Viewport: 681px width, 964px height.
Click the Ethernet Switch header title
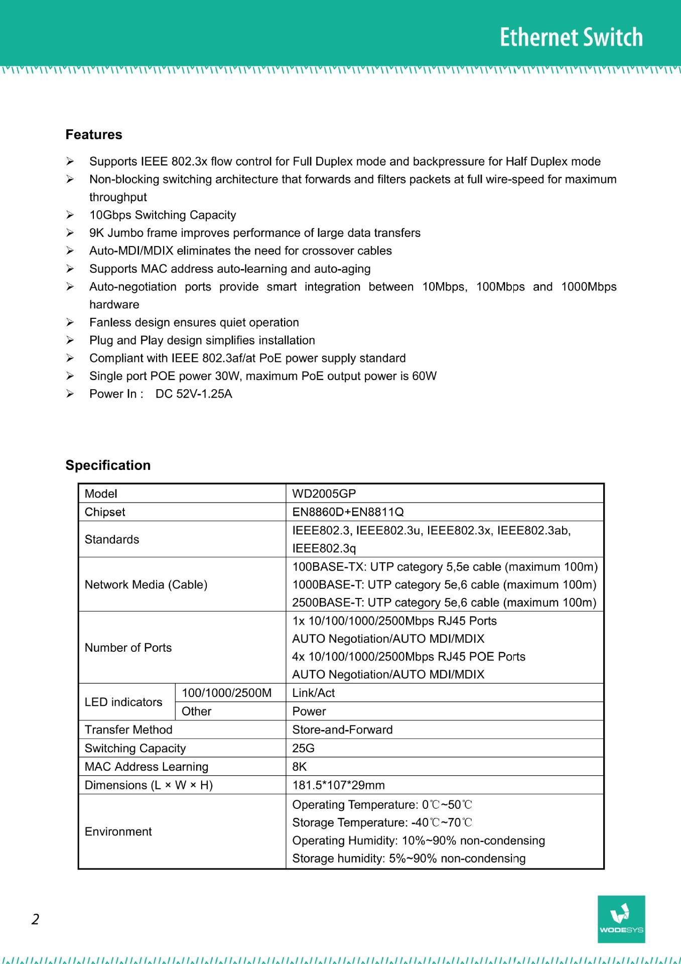coord(571,38)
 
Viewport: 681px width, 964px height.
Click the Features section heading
coord(94,135)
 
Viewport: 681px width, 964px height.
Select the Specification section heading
coord(108,465)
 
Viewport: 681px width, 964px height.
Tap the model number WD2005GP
coord(324,494)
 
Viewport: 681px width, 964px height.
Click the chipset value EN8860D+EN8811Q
coord(348,512)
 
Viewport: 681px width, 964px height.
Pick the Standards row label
coord(112,539)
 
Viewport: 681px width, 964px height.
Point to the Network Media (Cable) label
coord(146,584)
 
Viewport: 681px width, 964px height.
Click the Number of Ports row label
coord(128,648)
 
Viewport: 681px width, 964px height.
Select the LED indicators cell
coord(123,702)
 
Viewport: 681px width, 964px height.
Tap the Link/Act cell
coord(314,693)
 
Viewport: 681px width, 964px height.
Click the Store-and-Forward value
coord(342,730)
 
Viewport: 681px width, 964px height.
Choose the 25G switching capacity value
coord(303,748)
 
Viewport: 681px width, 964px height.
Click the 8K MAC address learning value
coord(300,767)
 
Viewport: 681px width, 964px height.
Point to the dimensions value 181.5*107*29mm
coord(338,785)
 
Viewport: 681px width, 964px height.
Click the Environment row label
coord(118,831)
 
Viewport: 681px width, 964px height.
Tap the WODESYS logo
coord(621,919)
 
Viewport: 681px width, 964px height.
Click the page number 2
coord(35,919)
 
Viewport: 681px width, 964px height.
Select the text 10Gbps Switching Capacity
coord(163,215)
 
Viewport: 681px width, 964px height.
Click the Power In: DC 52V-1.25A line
coord(161,394)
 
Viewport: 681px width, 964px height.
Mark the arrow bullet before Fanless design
coord(70,322)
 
